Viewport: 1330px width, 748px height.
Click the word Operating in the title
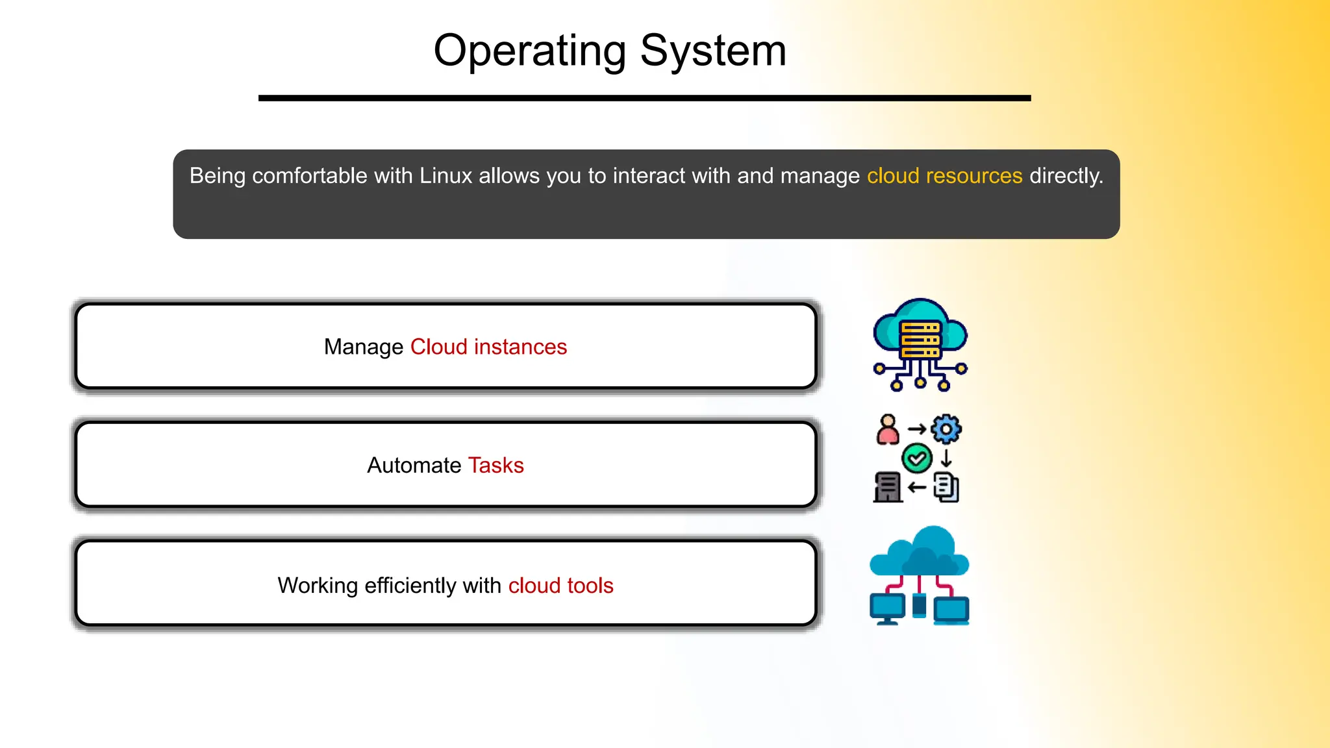click(529, 51)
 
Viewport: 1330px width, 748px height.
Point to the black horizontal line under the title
click(644, 98)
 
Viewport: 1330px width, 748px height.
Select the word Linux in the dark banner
click(445, 176)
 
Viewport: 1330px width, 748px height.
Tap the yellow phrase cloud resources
click(944, 176)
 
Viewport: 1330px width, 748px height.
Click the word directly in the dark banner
click(1066, 176)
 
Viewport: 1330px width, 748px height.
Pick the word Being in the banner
click(217, 176)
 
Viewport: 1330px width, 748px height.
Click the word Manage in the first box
click(364, 347)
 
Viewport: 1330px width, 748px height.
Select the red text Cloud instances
click(488, 347)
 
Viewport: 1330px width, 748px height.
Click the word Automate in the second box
click(414, 466)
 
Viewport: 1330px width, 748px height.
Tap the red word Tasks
click(496, 466)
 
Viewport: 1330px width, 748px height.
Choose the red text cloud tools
click(560, 586)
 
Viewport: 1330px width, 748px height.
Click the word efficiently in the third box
click(410, 586)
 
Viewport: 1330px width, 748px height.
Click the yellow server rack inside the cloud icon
click(920, 339)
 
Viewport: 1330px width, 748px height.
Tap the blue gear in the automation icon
click(946, 429)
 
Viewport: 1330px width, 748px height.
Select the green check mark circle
click(917, 458)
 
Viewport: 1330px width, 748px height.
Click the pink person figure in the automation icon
click(888, 430)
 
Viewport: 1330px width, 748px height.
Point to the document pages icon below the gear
click(946, 487)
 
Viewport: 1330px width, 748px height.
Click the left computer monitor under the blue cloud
click(887, 608)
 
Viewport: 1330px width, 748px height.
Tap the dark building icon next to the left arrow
click(888, 487)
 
